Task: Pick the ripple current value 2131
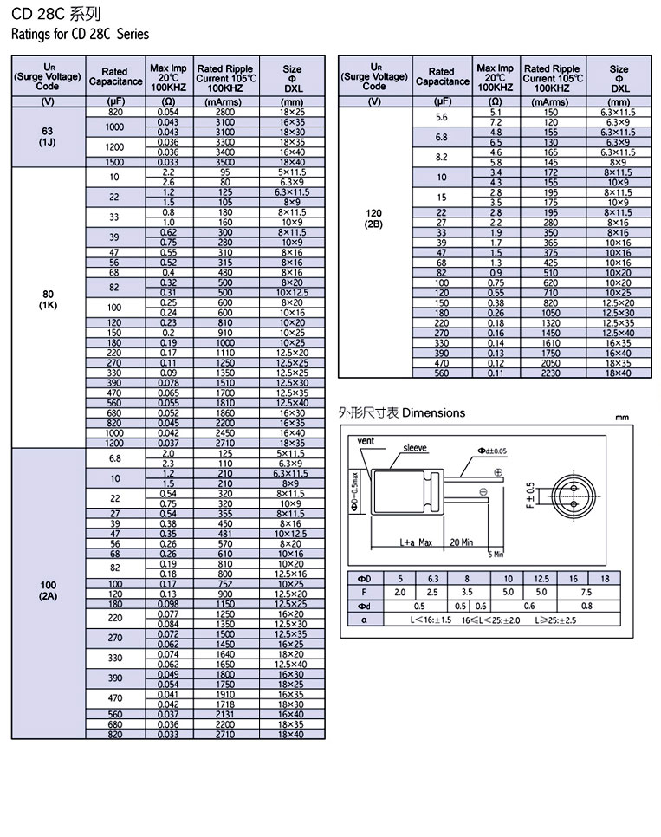224,714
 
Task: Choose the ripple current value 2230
551,373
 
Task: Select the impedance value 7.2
496,122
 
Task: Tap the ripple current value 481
224,534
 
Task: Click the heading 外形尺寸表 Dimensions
401,413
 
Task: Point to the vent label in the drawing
368,441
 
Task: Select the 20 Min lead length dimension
461,542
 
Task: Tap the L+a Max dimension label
416,542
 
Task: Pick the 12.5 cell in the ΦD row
541,578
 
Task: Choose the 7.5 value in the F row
586,592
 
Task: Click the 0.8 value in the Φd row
586,606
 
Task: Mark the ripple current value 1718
224,704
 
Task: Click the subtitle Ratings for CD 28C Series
80,35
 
